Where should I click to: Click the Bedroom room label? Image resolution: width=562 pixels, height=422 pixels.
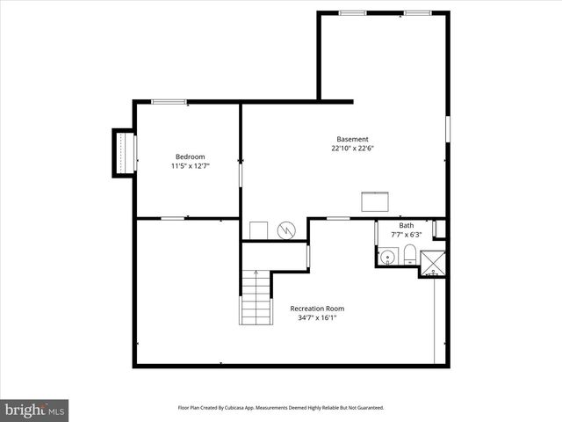[190, 156]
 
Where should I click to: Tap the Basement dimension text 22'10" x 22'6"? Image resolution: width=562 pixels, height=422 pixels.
[352, 148]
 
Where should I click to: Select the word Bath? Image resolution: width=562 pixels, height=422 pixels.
[406, 225]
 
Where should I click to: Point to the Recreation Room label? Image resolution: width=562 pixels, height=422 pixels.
[317, 309]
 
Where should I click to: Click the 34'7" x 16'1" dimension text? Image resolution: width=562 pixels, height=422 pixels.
[317, 318]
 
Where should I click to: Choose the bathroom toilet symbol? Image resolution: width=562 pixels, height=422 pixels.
[407, 256]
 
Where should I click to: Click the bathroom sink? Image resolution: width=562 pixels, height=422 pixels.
[386, 258]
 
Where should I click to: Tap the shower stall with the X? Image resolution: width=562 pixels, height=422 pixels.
[432, 263]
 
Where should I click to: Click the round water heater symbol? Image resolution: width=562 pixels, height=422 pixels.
[285, 230]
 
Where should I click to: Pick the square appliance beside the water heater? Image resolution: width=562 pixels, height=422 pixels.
[258, 229]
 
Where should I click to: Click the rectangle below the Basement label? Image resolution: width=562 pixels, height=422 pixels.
[377, 201]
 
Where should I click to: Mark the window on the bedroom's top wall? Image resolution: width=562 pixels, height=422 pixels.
[168, 102]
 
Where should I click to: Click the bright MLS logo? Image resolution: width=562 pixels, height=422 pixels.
[35, 410]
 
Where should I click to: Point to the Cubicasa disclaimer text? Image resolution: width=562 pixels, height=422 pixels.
[281, 408]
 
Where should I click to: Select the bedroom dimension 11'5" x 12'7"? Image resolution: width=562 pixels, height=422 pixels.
[190, 165]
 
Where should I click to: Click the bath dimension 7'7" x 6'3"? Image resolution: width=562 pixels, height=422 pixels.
[406, 234]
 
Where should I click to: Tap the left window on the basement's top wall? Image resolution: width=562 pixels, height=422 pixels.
[352, 12]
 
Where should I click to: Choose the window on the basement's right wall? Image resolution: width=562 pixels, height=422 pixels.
[447, 128]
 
